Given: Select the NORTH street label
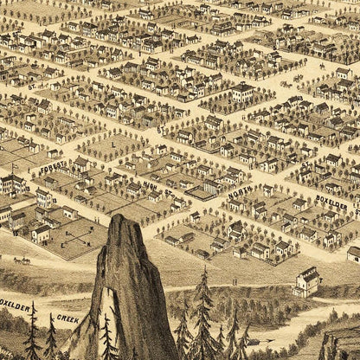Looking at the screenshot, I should coord(240,198).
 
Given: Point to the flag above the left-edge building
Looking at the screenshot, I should coord(12,164).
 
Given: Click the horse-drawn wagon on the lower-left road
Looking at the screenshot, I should coord(21,260).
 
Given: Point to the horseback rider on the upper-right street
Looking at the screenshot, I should coord(322,66).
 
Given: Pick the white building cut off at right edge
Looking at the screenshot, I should coord(354,254).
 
